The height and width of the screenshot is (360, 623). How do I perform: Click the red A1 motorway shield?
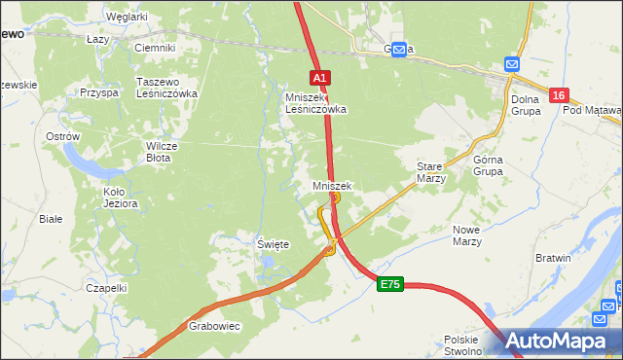point(321,77)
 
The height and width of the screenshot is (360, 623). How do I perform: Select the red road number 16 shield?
point(558,95)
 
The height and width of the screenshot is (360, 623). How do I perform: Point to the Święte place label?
point(272,244)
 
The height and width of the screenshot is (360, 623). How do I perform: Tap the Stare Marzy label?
point(430,172)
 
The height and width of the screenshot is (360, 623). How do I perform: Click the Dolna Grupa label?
point(527,103)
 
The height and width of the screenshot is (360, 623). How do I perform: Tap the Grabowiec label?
point(214,326)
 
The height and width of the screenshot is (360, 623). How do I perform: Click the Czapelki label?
point(106,288)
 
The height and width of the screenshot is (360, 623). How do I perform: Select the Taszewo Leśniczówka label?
point(166,88)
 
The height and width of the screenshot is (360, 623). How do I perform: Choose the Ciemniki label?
point(154,47)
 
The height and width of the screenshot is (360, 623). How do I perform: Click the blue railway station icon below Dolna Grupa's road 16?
point(514,64)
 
